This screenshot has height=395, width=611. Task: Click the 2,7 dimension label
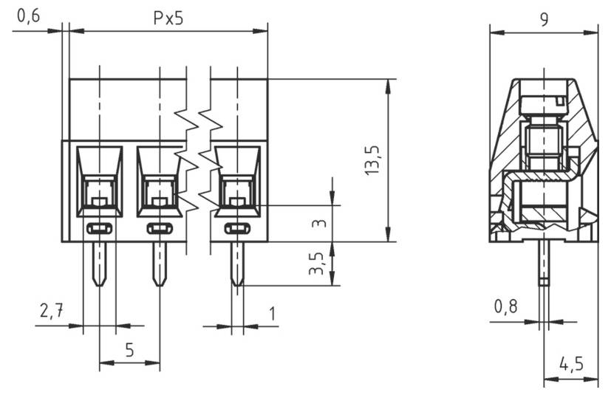51,312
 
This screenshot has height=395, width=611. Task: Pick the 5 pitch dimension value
129,349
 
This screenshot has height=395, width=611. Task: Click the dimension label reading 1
272,313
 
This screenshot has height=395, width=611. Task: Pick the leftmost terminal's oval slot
99,228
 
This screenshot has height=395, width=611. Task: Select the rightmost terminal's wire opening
236,193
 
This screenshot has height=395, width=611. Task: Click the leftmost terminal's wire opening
99,193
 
